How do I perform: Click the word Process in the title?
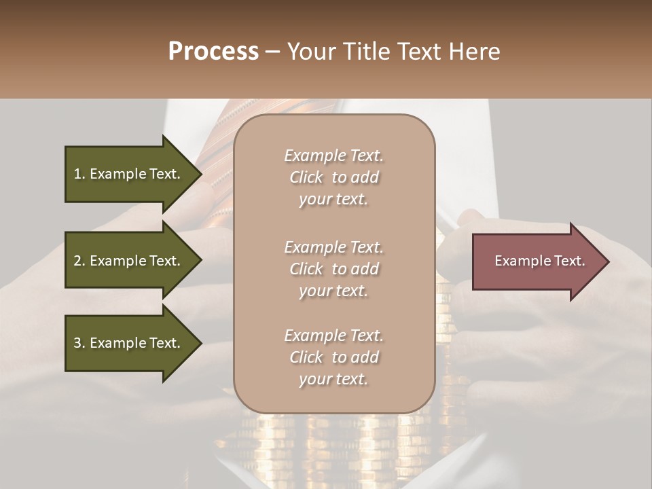coord(213,52)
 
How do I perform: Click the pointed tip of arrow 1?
coord(200,174)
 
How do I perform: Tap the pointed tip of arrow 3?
coord(200,343)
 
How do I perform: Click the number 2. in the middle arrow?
coord(79,261)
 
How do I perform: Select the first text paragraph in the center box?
coord(333,177)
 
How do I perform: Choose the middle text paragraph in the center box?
coord(333,269)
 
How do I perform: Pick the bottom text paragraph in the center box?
coord(333,357)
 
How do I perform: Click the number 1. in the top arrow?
coord(79,174)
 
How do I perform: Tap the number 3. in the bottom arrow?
coord(79,343)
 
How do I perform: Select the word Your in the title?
coord(309,52)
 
